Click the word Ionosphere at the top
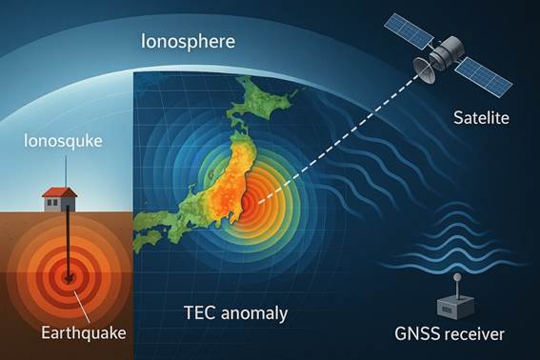pos(189,42)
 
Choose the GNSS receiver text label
pos(450,333)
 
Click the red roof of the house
pos(59,193)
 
